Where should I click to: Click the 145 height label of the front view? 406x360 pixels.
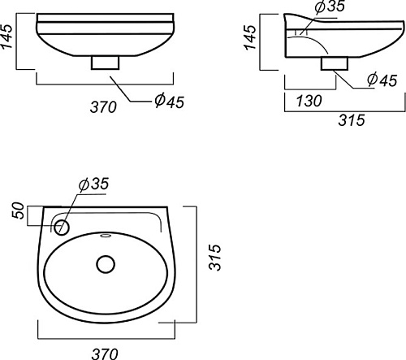tap(6, 37)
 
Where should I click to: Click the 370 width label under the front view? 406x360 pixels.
tap(103, 107)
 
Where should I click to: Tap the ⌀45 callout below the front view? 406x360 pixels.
tap(170, 101)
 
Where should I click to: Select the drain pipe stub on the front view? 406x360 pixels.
tap(106, 63)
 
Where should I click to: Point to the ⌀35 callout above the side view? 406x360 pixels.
tap(330, 7)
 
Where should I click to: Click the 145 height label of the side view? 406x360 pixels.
tap(250, 37)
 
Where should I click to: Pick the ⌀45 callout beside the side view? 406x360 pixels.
tap(382, 80)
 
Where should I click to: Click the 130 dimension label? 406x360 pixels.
tap(309, 101)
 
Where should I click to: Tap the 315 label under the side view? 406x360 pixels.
tap(352, 120)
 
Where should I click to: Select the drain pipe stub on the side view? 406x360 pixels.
tap(335, 63)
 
